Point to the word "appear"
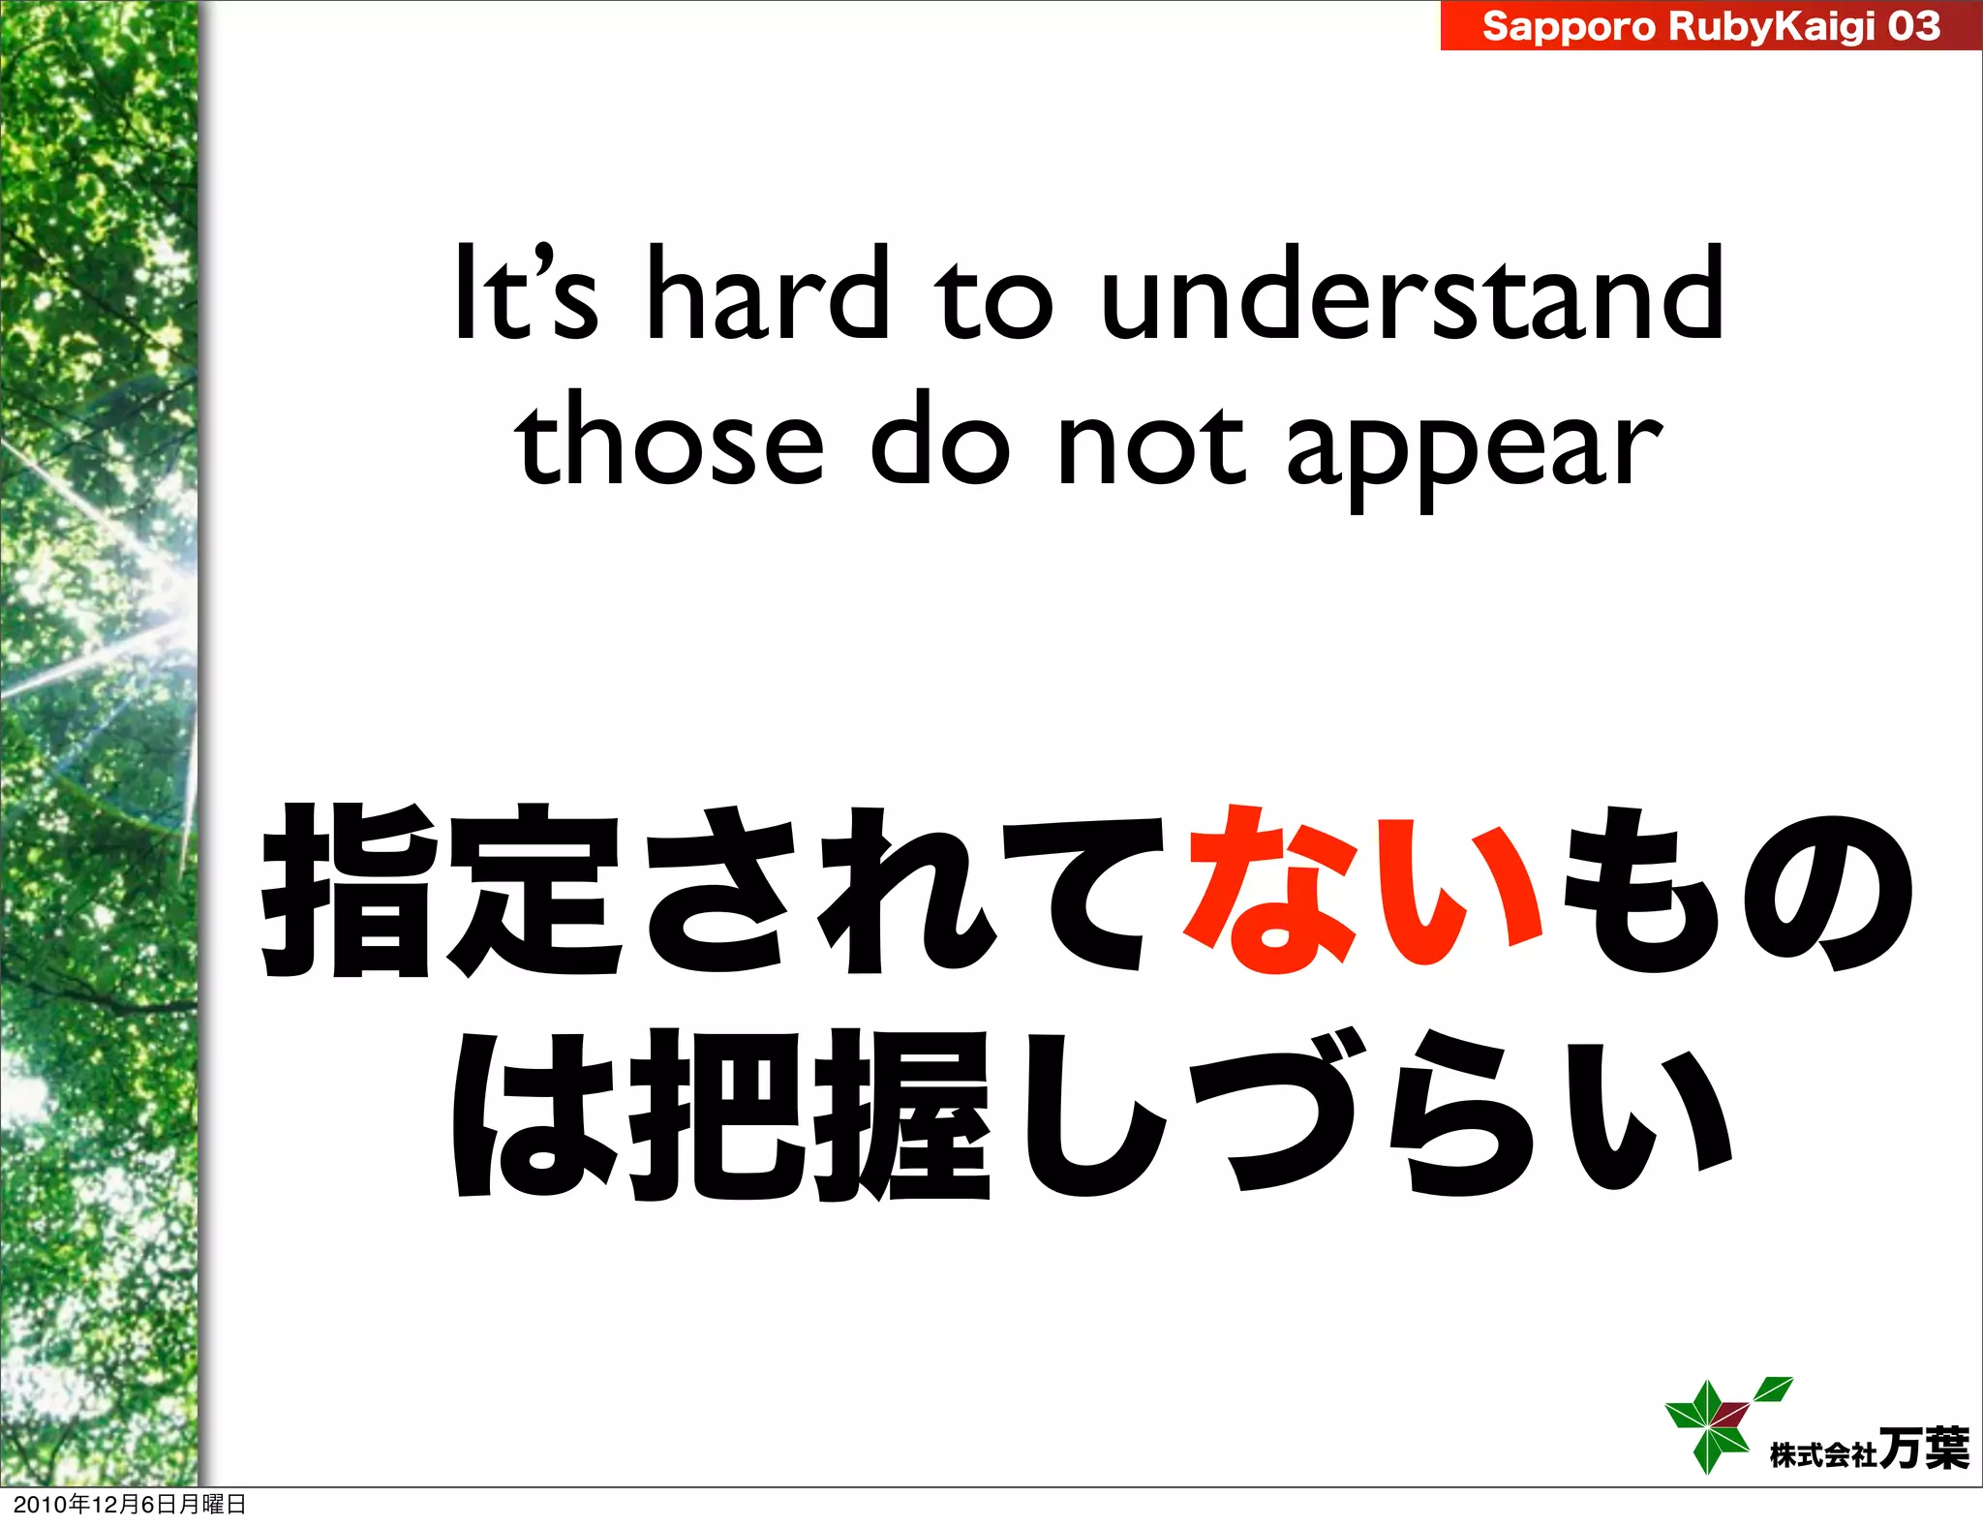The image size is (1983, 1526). tap(1474, 450)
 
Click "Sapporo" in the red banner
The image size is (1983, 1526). tap(1570, 26)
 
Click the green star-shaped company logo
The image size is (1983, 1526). tap(1719, 1422)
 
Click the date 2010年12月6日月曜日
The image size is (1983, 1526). tap(130, 1504)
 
